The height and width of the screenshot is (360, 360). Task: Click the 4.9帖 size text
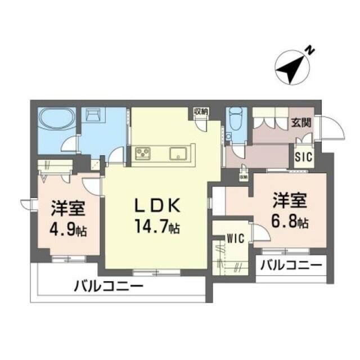tap(67, 229)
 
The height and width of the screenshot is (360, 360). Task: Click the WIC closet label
tap(235, 238)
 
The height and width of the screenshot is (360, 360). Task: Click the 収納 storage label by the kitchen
tap(201, 111)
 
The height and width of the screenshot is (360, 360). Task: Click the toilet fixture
tap(233, 121)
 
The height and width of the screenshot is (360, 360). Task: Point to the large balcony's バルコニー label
tap(108, 286)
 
